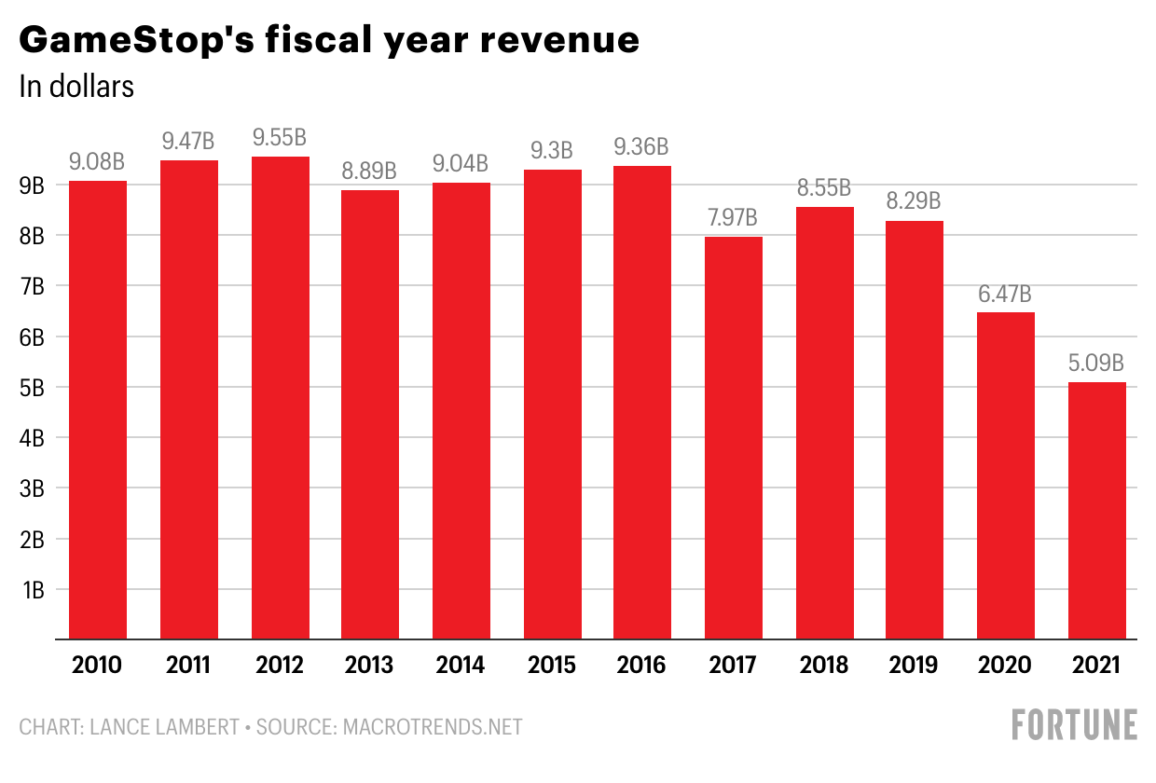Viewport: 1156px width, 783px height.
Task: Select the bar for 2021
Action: (x=1096, y=511)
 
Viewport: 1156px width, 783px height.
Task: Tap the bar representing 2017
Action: (x=733, y=438)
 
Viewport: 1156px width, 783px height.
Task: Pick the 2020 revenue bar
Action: (x=1005, y=475)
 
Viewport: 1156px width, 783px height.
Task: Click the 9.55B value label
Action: (x=280, y=138)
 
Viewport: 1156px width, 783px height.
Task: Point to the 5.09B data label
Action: (x=1096, y=364)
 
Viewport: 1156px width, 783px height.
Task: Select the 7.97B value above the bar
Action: (x=733, y=218)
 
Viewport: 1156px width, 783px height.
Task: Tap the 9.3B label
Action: (x=552, y=151)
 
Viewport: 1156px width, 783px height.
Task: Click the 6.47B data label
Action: (x=1005, y=295)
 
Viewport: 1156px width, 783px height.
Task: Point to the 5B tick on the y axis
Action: (x=33, y=388)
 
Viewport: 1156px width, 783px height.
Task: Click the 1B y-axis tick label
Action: (x=33, y=590)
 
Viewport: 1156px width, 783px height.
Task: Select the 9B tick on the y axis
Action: (x=33, y=186)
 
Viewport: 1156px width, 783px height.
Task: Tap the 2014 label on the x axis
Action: (x=461, y=666)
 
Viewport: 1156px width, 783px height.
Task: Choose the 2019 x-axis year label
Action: (x=915, y=666)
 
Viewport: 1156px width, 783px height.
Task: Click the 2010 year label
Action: (x=98, y=666)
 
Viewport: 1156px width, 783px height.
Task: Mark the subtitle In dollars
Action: (x=76, y=87)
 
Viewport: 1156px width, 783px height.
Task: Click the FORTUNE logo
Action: (x=1074, y=725)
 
